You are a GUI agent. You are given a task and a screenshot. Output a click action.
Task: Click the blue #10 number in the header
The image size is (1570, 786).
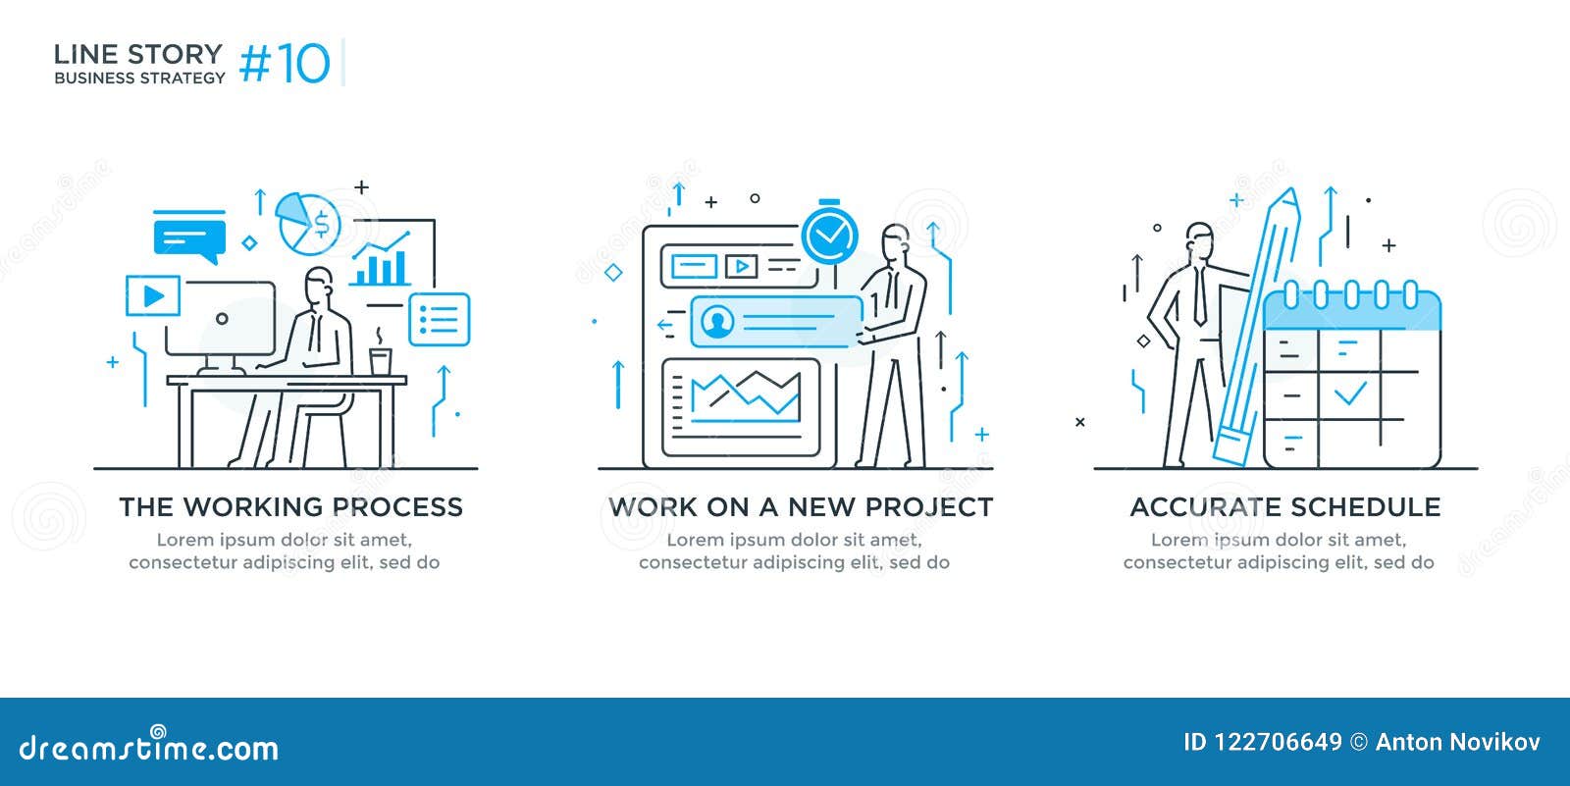(x=286, y=64)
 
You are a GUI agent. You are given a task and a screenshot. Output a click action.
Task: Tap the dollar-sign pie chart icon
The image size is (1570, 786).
(x=309, y=223)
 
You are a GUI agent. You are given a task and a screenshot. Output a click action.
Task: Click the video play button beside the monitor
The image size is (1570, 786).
(x=153, y=295)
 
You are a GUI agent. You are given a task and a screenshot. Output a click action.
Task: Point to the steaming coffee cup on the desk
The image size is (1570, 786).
(x=380, y=360)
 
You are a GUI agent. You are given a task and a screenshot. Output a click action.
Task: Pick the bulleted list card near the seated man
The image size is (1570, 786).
(x=439, y=319)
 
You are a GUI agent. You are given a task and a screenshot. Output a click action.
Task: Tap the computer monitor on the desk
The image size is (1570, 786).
(x=221, y=320)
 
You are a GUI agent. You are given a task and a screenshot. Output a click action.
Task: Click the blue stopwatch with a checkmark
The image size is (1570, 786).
(x=830, y=235)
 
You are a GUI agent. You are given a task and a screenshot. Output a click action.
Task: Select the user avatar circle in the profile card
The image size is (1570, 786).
(x=718, y=322)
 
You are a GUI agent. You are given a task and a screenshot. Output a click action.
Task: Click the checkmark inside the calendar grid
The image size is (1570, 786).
(x=1350, y=393)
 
